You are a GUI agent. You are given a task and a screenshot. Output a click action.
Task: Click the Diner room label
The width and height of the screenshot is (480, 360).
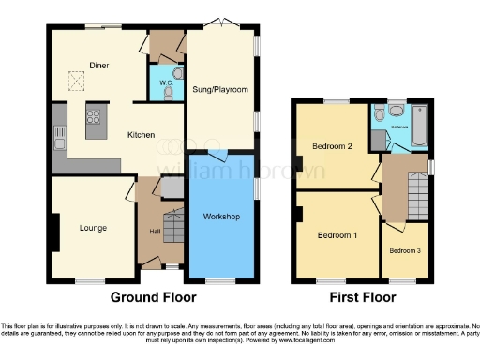[x=99, y=65]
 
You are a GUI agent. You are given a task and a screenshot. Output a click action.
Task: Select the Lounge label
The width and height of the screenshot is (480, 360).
[x=93, y=228]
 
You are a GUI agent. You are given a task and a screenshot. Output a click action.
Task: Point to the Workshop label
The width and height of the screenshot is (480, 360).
[x=222, y=217]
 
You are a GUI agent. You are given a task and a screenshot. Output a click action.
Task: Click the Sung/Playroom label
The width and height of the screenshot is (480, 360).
[x=220, y=90]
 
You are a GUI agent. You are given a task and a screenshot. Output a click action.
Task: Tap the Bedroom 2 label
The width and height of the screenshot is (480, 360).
[x=331, y=147]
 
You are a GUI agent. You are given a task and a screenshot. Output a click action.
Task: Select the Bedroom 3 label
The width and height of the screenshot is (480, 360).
[x=405, y=250]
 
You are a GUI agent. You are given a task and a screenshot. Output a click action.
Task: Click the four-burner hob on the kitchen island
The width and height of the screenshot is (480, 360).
[x=95, y=118]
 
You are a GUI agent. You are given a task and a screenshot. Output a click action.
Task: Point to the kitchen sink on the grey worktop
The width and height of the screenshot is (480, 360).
[x=59, y=143]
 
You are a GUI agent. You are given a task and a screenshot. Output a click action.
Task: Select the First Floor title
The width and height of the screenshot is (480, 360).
[x=361, y=297]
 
